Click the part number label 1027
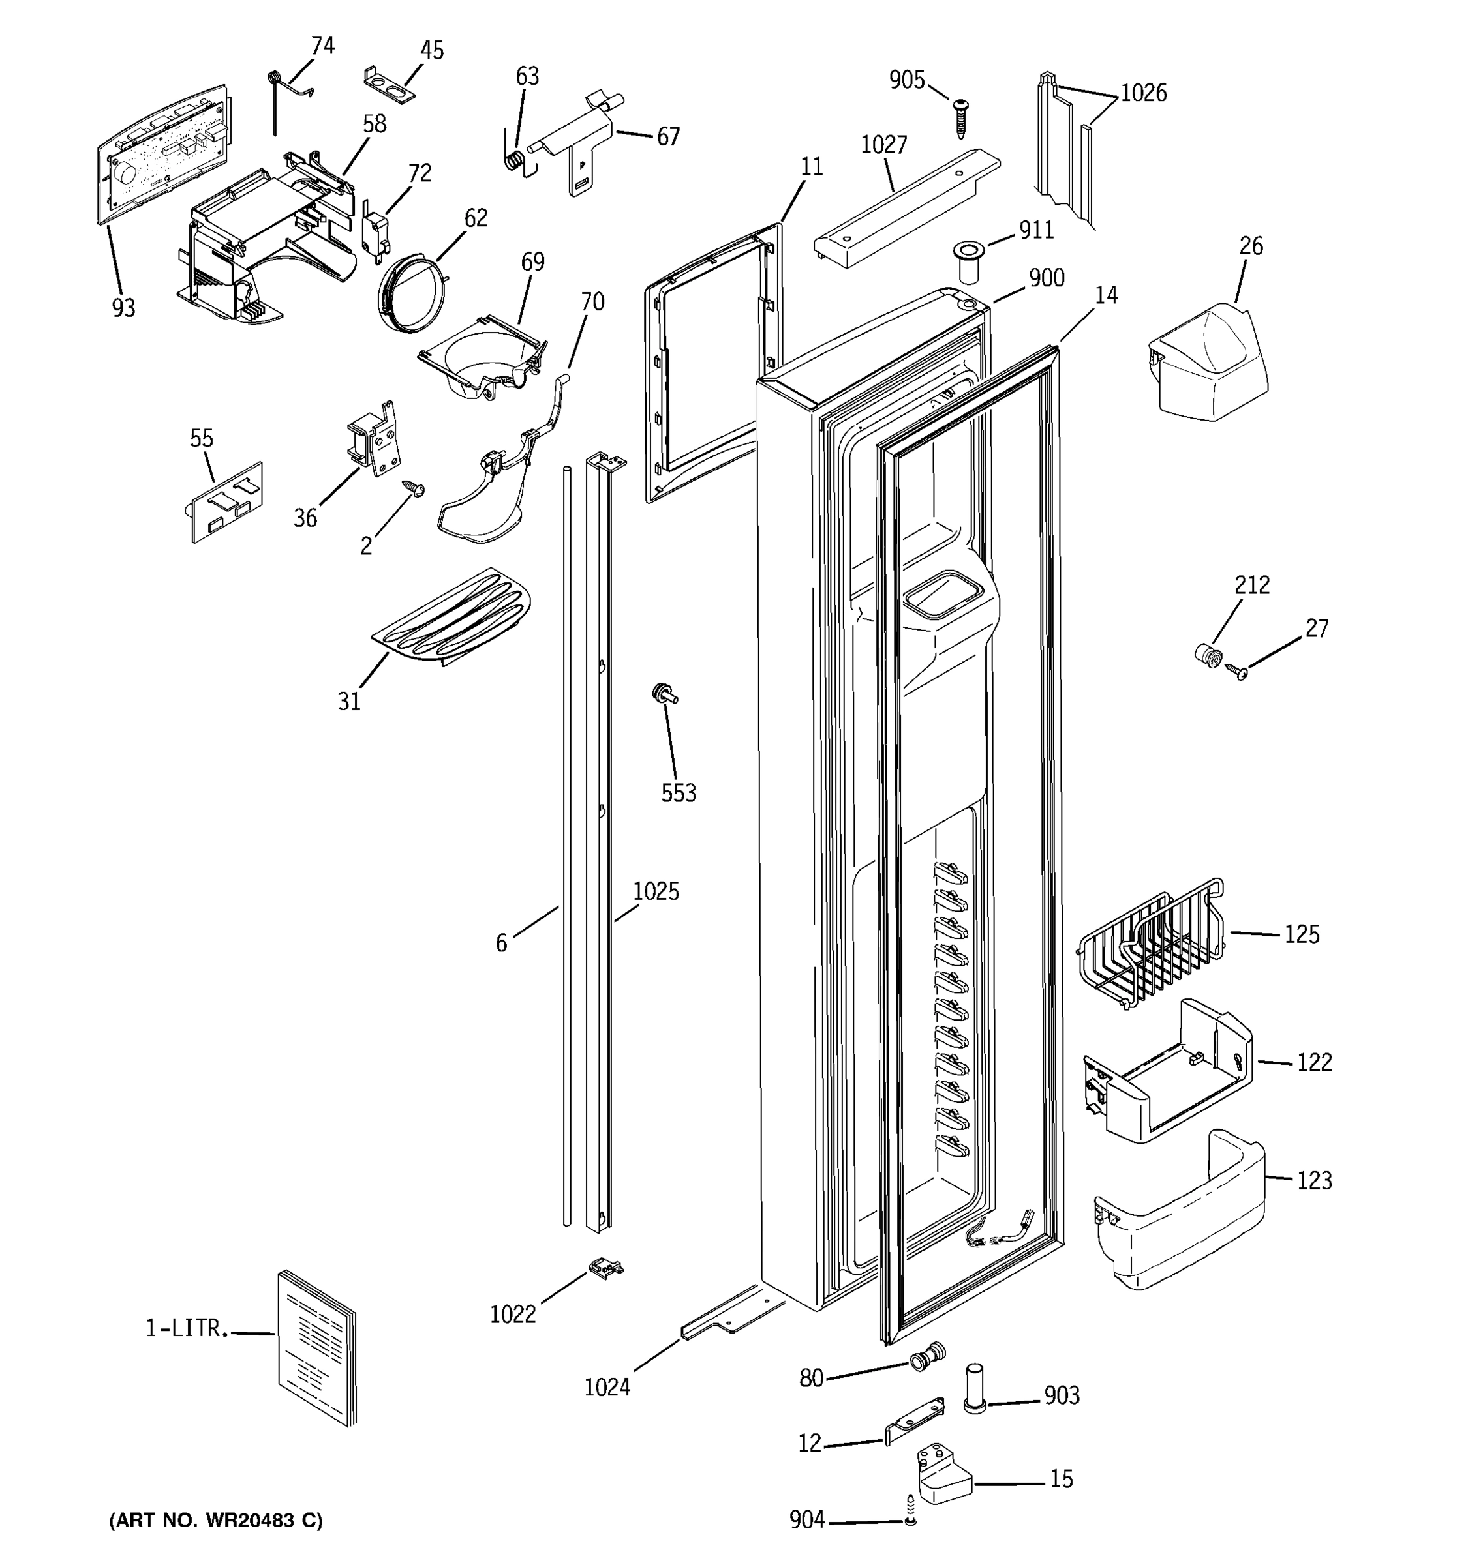tap(883, 145)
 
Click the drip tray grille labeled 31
tap(450, 616)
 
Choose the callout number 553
tap(678, 793)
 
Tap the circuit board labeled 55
tap(228, 501)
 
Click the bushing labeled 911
tap(970, 262)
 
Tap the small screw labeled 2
tap(414, 489)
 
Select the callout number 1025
tap(655, 891)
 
